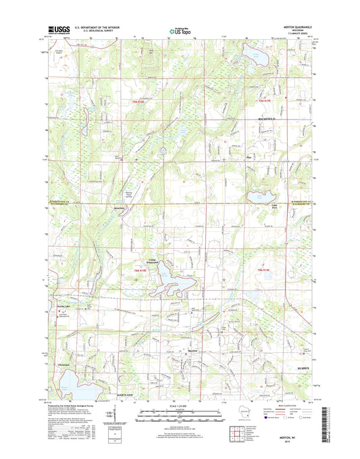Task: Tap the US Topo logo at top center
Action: click(x=178, y=30)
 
